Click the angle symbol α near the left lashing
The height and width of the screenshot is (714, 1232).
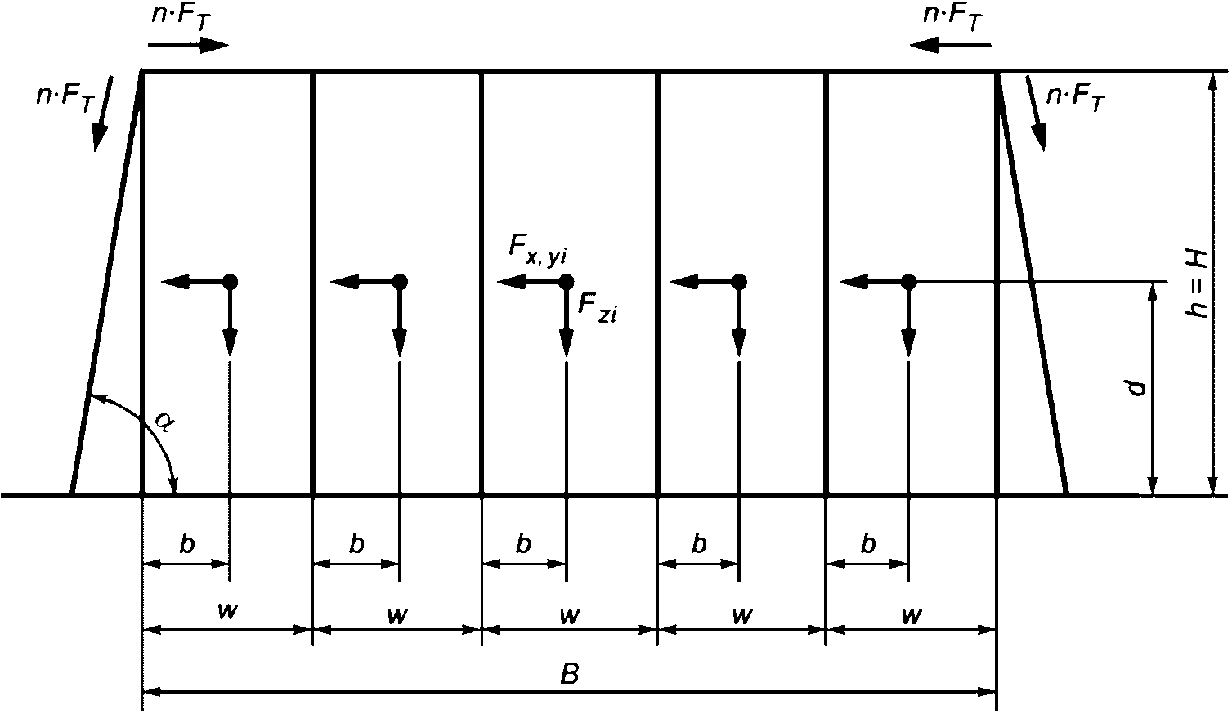tap(164, 422)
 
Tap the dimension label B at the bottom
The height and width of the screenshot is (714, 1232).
tap(570, 675)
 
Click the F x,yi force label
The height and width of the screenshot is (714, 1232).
tap(536, 251)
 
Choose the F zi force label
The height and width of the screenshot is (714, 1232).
tap(597, 308)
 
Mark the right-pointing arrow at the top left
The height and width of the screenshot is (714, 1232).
tap(199, 44)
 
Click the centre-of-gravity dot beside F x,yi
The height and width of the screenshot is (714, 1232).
tap(567, 282)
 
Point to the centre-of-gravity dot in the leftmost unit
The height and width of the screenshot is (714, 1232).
tap(230, 282)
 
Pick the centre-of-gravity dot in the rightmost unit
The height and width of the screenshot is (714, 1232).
tap(908, 282)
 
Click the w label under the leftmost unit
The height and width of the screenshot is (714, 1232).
tap(228, 613)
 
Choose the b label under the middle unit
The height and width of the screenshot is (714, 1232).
tap(524, 544)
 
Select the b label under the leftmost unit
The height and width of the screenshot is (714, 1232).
tap(187, 544)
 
